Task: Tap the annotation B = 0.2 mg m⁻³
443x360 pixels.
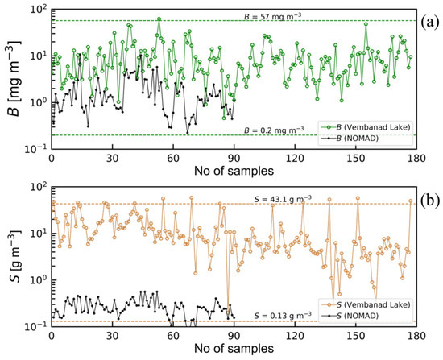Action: [274, 129]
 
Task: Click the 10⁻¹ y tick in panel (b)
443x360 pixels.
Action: [36, 325]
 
